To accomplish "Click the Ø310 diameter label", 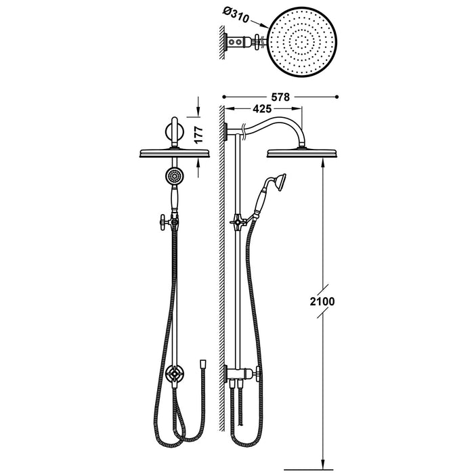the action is (236, 14).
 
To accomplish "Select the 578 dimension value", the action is (280, 97).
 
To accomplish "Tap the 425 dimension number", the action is (262, 109).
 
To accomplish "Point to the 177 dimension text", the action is (198, 135).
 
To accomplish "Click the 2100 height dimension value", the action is (322, 301).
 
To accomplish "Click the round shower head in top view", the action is (301, 42).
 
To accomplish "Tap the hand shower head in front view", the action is (173, 175).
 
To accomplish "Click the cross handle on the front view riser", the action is (165, 223).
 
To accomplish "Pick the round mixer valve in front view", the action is (175, 374).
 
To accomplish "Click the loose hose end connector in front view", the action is (203, 363).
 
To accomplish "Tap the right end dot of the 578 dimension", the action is (337, 97).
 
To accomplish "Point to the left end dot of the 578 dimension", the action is (224, 97).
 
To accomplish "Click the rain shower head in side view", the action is (301, 152).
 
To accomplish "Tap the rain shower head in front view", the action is (175, 152).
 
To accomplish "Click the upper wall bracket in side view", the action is (225, 131).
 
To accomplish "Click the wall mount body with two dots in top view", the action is (239, 42).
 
